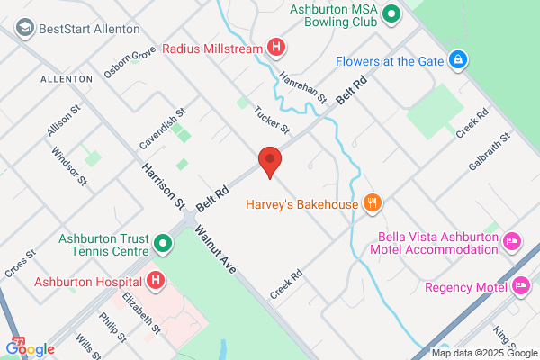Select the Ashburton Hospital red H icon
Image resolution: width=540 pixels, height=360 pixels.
(x=156, y=281)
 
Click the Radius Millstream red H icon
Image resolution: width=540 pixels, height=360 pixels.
(x=277, y=48)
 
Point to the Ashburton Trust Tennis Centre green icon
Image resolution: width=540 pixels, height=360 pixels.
(x=163, y=244)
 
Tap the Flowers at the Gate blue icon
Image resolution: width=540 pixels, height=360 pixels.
(x=458, y=60)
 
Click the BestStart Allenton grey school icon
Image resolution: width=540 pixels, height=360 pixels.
(x=23, y=28)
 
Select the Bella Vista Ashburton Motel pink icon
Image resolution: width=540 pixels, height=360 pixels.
(x=512, y=240)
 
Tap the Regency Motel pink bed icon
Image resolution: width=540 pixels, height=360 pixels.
(x=521, y=287)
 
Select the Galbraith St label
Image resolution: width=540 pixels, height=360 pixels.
(x=489, y=152)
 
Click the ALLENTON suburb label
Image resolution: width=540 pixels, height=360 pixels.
(x=66, y=79)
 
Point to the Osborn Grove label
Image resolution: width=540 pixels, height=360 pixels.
(x=130, y=62)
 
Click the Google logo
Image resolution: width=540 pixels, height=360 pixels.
(x=31, y=348)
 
